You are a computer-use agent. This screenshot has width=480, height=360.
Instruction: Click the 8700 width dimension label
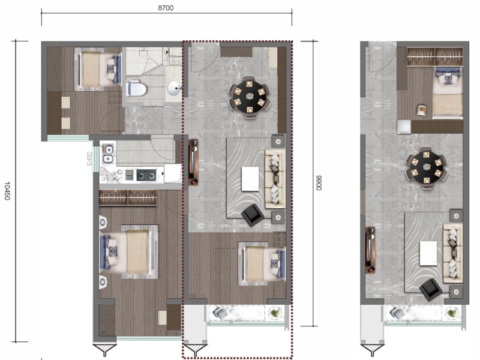pyautogui.click(x=166, y=8)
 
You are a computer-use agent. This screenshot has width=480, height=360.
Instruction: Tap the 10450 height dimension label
pyautogui.click(x=7, y=191)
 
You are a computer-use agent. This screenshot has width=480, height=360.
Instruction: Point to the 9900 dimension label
pyautogui.click(x=319, y=183)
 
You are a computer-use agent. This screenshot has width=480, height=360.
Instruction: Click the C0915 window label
pyautogui.click(x=89, y=158)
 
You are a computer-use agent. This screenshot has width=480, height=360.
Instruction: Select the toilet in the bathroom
pyautogui.click(x=136, y=89)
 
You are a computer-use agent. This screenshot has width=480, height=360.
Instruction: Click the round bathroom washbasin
pyautogui.click(x=174, y=88)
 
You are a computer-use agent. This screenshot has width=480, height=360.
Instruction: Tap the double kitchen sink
pyautogui.click(x=108, y=154)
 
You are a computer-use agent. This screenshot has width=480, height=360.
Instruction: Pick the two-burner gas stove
pyautogui.click(x=146, y=175)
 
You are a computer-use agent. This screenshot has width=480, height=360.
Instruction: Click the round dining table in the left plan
pyautogui.click(x=250, y=97)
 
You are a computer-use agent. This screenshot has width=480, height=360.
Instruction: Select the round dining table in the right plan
pyautogui.click(x=426, y=168)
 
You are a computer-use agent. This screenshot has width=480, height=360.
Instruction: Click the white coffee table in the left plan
pyautogui.click(x=250, y=179)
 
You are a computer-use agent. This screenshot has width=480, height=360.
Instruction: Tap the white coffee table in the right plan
pyautogui.click(x=428, y=253)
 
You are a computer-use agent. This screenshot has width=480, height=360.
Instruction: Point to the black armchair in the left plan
pyautogui.click(x=253, y=215)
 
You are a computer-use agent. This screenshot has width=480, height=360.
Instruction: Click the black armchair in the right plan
pyautogui.click(x=431, y=289)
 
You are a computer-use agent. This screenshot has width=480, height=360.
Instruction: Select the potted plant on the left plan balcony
pyautogui.click(x=275, y=313)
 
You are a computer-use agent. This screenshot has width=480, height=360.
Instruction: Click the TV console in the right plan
pyautogui.click(x=371, y=250)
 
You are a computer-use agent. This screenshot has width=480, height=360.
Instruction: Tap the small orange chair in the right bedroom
pyautogui.click(x=422, y=110)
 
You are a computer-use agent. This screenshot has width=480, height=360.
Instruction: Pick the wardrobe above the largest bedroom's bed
pyautogui.click(x=128, y=197)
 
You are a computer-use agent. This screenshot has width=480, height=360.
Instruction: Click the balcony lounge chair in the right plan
pyautogui.click(x=397, y=313)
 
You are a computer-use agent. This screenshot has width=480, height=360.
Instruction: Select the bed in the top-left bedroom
pyautogui.click(x=98, y=69)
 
